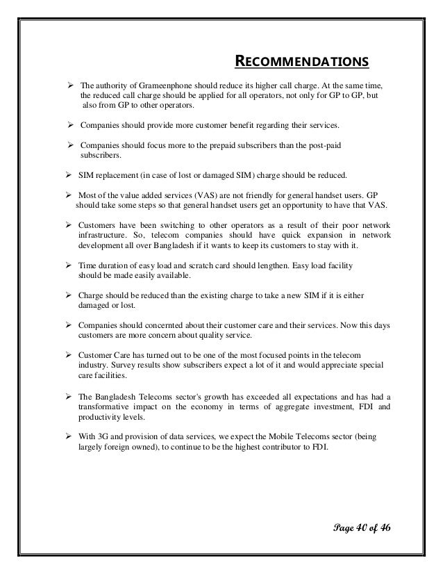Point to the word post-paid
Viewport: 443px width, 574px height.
326,145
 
